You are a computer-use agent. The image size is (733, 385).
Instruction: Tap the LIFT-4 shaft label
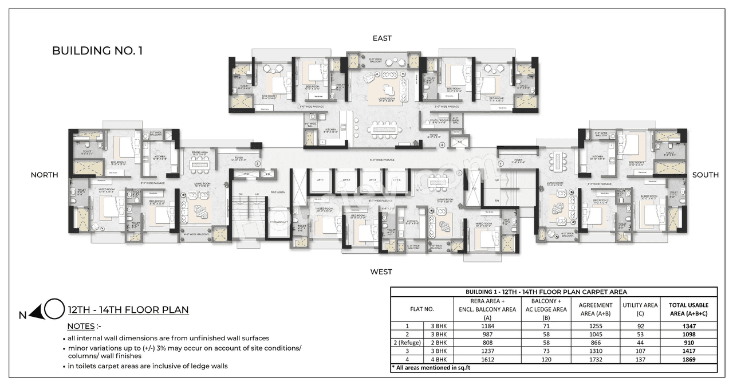396,180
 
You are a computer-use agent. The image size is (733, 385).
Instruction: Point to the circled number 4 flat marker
442,146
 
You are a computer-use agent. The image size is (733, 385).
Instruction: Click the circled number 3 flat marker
258,164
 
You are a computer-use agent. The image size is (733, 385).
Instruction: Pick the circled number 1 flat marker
501,163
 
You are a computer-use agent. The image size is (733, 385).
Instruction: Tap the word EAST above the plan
382,38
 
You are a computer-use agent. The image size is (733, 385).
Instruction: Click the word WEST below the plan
381,272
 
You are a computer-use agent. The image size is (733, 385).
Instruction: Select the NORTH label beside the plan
45,175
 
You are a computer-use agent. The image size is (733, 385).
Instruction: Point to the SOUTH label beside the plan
705,175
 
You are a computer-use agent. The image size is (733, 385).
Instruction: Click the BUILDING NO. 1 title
97,51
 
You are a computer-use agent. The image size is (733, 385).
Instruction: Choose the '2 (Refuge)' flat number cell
407,343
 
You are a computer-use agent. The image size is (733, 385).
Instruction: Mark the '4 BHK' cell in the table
438,359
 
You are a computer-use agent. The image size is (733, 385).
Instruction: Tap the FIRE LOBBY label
278,192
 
